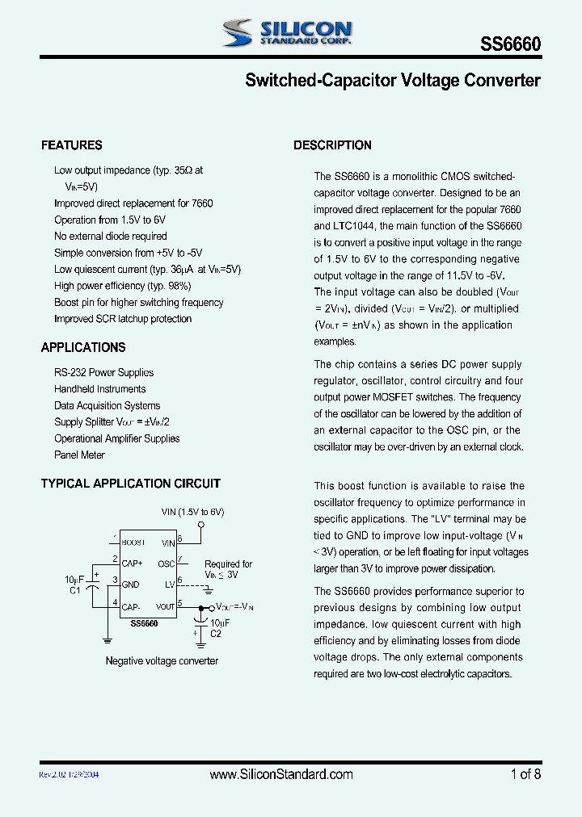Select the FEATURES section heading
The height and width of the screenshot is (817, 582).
coord(72,145)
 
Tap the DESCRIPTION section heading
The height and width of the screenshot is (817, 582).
coord(332,145)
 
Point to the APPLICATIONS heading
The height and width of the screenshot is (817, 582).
coord(83,347)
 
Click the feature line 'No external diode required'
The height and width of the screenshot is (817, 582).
coord(111,237)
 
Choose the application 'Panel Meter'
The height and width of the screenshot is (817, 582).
coord(79,455)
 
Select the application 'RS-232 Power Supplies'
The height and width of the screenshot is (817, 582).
coord(103,373)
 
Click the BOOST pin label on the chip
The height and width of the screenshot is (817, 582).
coord(133,543)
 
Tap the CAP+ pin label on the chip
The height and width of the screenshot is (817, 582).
coord(133,563)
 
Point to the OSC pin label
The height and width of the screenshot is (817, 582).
coord(166,564)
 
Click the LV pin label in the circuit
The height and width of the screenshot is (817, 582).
coord(170,584)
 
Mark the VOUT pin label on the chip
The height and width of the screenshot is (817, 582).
coord(165,605)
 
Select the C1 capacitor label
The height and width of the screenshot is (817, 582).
coord(75,590)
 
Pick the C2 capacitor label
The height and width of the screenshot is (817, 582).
coord(216,634)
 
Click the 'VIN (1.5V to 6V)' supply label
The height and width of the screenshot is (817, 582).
coord(192,512)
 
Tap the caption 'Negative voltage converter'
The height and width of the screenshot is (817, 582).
coord(162,660)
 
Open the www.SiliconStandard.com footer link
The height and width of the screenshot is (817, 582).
coord(281,774)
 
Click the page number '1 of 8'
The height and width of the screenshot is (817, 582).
coord(525,774)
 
